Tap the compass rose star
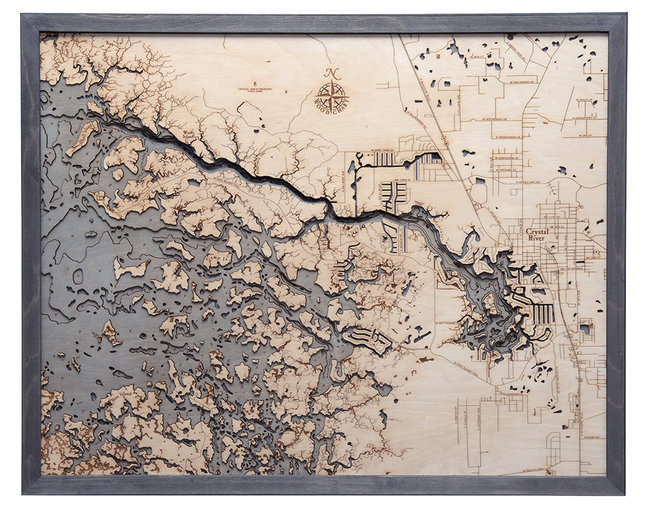point(332,94)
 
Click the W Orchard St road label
point(506,169)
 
